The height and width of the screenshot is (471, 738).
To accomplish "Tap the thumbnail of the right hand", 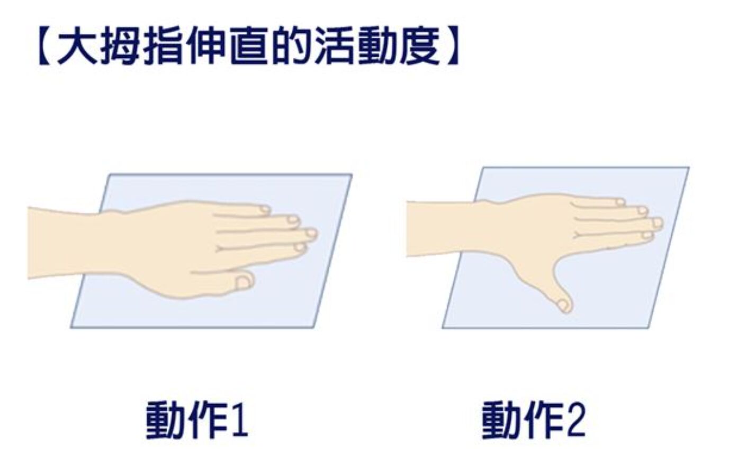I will pyautogui.click(x=563, y=305).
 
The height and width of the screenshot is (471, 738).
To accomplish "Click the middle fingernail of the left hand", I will pyautogui.click(x=311, y=233).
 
